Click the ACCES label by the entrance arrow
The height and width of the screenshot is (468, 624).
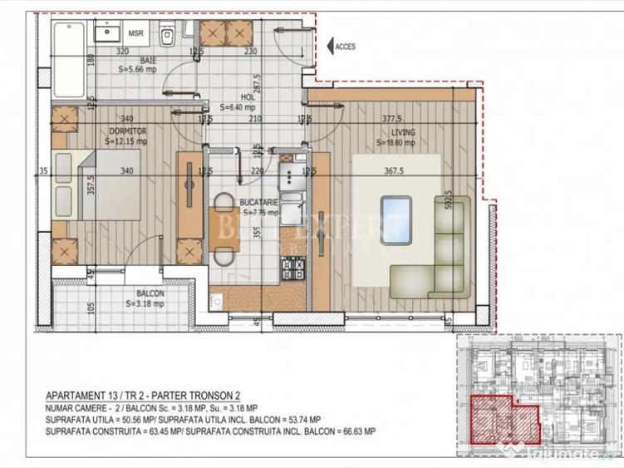[x=345, y=47]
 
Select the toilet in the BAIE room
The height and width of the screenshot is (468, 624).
[x=167, y=35]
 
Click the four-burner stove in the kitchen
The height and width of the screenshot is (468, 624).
[x=294, y=268]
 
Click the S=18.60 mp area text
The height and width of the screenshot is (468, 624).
[x=396, y=143]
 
